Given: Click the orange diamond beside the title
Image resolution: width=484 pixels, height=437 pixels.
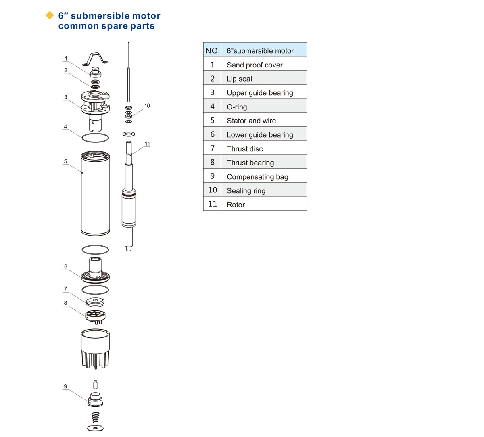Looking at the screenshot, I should click(x=50, y=15).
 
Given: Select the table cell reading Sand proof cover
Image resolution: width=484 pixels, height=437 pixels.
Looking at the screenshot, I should click(x=255, y=65).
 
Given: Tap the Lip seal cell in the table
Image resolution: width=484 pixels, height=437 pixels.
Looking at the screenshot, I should click(x=239, y=79).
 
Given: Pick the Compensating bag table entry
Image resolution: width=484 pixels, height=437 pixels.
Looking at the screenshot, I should click(x=257, y=176).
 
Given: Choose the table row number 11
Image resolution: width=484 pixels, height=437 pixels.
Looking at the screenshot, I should click(x=212, y=204).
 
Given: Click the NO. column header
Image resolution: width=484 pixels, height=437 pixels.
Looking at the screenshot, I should click(x=212, y=50).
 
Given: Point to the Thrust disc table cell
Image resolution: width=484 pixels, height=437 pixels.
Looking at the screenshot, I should click(x=244, y=148).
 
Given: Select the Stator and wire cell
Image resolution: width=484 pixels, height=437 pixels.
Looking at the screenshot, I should click(x=251, y=121).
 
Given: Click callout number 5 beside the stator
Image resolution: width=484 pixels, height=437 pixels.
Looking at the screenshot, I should click(x=65, y=161).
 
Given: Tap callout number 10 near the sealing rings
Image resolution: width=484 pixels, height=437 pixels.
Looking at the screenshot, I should click(x=147, y=106).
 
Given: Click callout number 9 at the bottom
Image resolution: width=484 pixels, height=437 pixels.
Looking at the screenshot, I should click(x=65, y=386).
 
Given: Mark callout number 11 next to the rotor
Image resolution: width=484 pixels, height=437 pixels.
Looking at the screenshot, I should click(x=147, y=144).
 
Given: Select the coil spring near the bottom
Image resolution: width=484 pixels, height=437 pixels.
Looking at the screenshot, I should click(x=96, y=417).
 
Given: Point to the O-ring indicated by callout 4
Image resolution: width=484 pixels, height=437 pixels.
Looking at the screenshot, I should click(x=95, y=138).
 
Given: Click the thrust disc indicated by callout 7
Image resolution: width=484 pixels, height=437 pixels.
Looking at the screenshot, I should click(x=95, y=301).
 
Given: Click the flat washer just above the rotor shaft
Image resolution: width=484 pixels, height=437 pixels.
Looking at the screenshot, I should click(x=129, y=134).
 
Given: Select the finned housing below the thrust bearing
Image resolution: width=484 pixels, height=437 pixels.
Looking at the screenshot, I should click(x=95, y=349).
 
